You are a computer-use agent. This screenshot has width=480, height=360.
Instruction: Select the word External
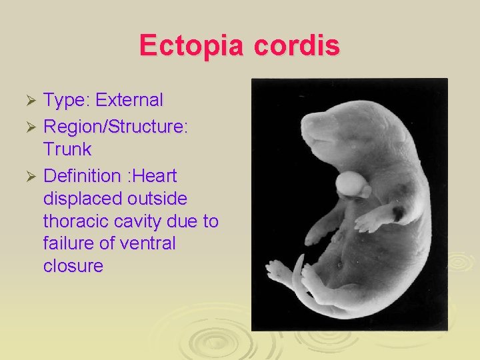(x=129, y=100)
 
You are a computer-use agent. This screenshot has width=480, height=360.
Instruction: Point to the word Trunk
(x=67, y=149)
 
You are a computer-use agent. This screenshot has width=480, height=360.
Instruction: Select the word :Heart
(x=152, y=176)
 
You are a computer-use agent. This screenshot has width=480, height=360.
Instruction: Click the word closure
(x=73, y=266)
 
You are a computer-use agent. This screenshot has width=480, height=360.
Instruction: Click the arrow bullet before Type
(x=29, y=101)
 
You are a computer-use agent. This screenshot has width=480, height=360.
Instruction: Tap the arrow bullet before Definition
(x=29, y=177)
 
